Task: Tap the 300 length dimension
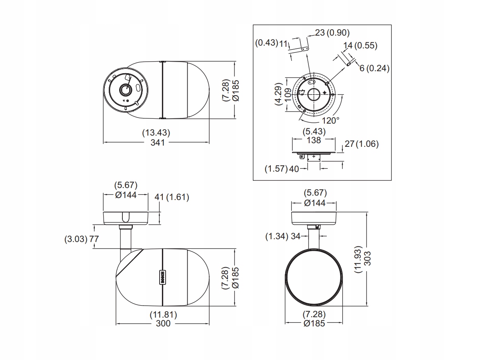(163, 323)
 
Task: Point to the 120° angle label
(331, 120)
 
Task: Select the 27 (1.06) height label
(362, 144)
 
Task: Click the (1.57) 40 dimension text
(282, 169)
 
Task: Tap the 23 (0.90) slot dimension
(332, 33)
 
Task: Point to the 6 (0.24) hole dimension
(374, 68)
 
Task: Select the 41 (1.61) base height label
(172, 197)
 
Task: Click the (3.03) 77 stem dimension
(82, 239)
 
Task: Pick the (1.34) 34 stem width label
(283, 236)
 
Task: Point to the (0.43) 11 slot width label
(272, 43)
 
